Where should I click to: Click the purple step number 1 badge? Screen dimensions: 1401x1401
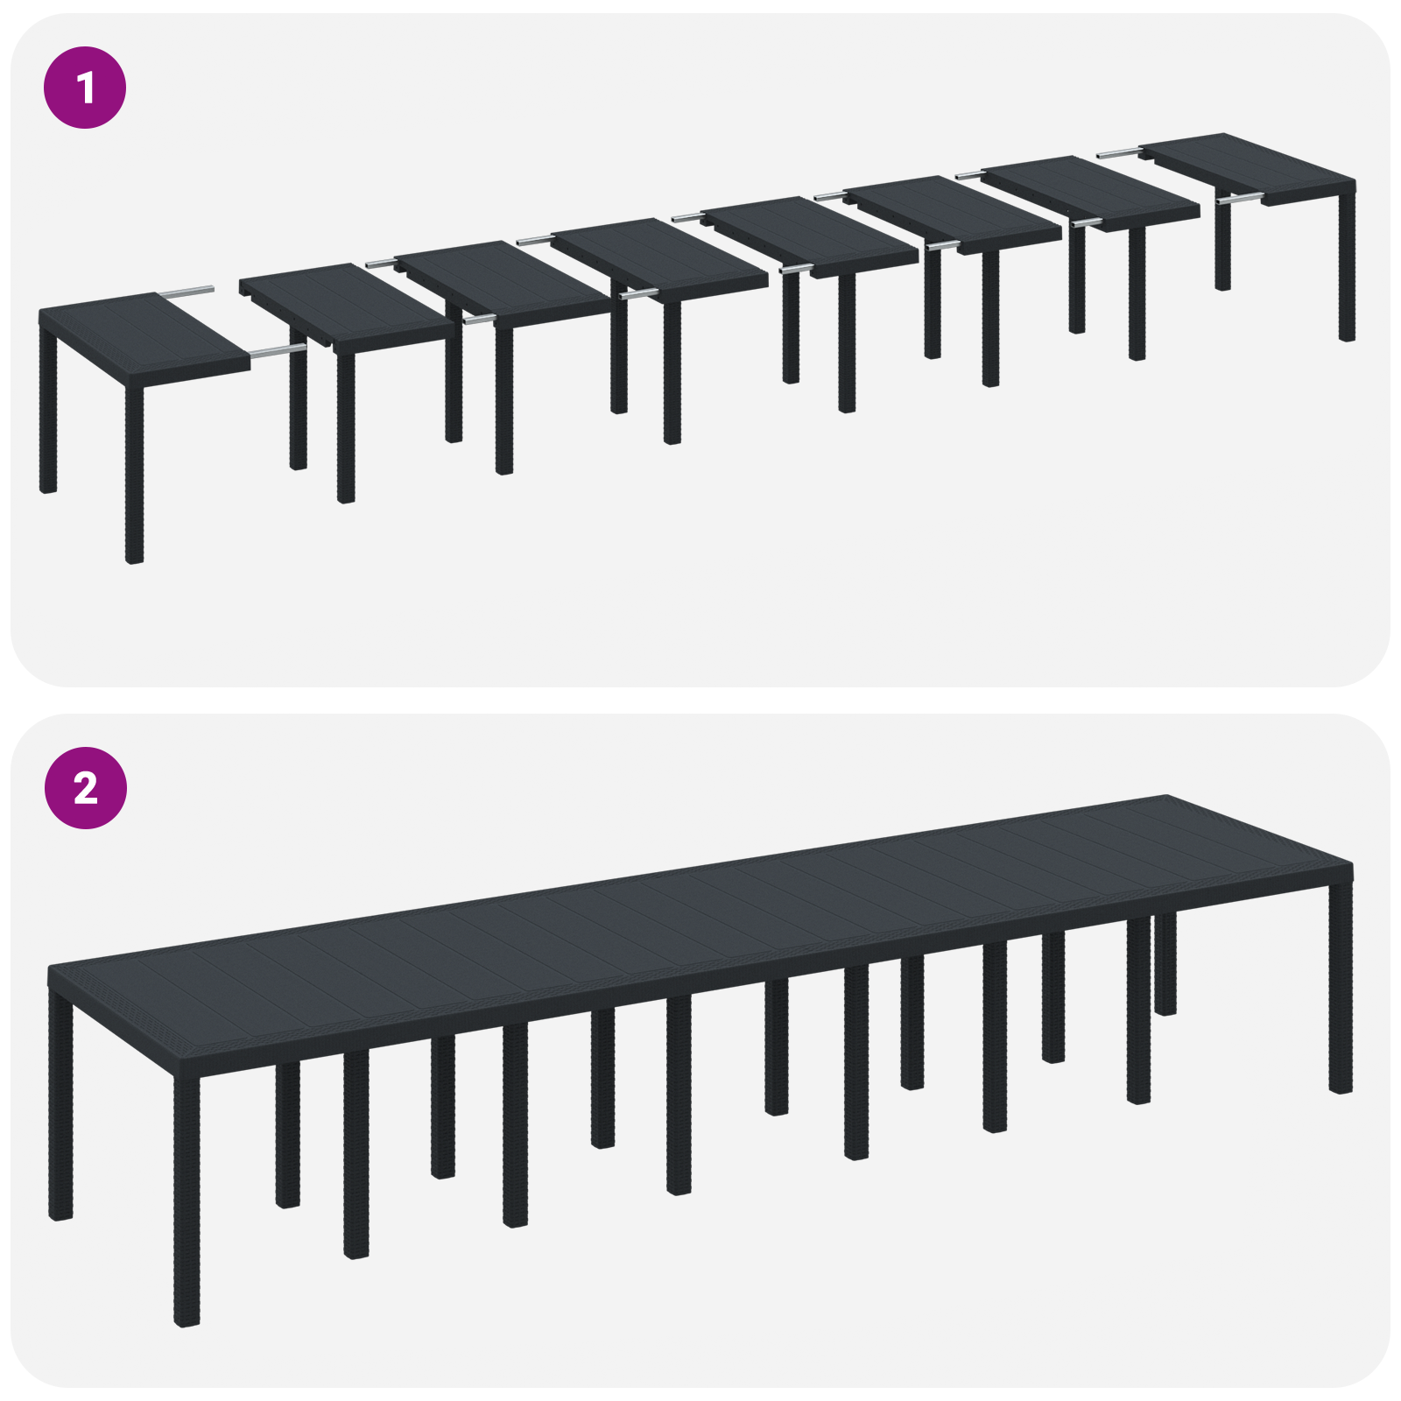(85, 88)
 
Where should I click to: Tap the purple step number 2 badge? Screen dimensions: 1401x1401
(85, 788)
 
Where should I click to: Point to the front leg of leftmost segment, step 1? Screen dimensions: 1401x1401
(134, 473)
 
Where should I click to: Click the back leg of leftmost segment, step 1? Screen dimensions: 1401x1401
(47, 412)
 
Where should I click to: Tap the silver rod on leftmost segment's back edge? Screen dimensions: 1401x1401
(186, 290)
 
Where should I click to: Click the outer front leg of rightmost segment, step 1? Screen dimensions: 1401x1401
(1347, 263)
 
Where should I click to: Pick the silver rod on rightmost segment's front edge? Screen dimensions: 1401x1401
(1239, 200)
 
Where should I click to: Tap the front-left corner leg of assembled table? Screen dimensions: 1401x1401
(187, 1200)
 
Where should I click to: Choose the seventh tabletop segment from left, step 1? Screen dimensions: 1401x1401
(1090, 193)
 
